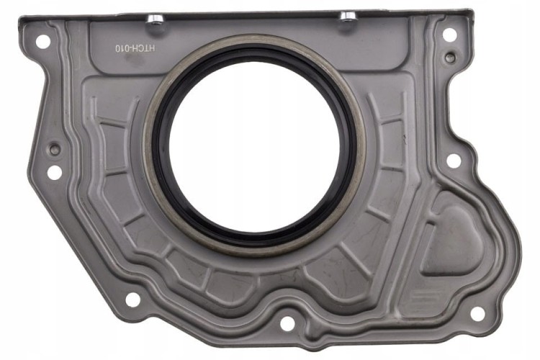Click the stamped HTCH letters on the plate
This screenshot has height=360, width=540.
tap(145, 48)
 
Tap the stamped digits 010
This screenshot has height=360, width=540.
tap(123, 48)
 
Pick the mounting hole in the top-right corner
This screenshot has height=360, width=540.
tap(449, 34)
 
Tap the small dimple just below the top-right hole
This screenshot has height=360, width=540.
tap(449, 57)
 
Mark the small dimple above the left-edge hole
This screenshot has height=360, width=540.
tap(54, 149)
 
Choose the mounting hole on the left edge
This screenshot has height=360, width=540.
tap(55, 172)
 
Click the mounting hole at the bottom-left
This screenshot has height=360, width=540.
tap(132, 299)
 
